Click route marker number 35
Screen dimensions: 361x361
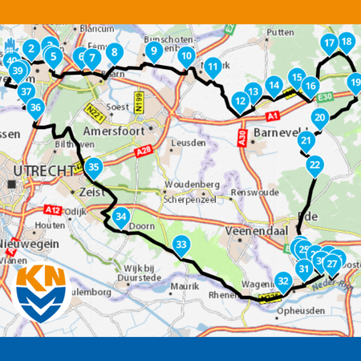click(95, 168)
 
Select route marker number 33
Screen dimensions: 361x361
click(182, 245)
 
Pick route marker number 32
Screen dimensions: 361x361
click(283, 281)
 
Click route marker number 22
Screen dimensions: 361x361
click(314, 165)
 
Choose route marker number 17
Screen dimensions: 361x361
click(328, 43)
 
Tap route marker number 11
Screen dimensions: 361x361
click(212, 67)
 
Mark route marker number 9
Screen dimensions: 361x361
click(152, 51)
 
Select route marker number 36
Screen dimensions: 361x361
click(34, 107)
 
